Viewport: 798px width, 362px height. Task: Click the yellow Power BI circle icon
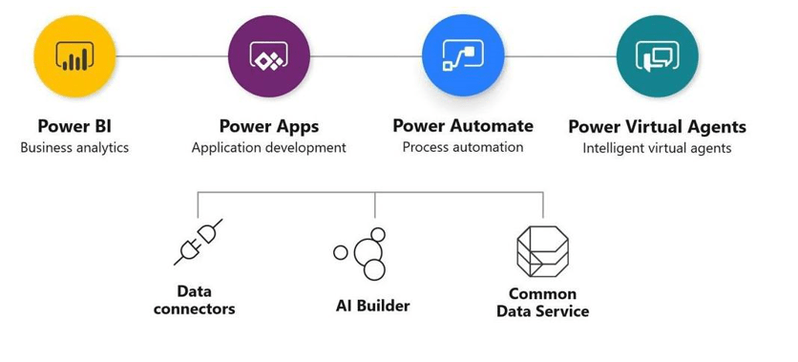74,56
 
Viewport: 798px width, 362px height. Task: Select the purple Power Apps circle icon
270,56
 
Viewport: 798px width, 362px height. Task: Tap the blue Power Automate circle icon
463,56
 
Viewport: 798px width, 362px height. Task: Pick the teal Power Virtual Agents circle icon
657,56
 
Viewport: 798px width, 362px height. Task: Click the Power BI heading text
74,127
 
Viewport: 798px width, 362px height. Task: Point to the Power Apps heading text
269,127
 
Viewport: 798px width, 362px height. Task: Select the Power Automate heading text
463,126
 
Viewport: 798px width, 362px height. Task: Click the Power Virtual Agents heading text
657,127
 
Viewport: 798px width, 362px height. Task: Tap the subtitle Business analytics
74,148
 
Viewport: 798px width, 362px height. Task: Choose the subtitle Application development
269,148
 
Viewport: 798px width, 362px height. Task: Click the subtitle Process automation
463,147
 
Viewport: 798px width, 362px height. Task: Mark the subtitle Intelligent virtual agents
657,148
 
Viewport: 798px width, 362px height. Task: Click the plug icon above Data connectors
199,241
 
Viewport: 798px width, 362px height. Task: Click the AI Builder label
372,306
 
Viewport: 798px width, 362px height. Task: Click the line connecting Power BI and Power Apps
172,56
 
